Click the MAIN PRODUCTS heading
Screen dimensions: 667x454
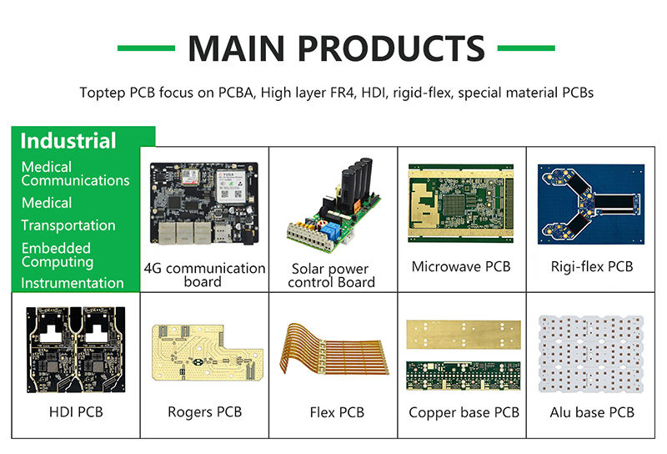[x=336, y=48]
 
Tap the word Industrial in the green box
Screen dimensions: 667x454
[x=68, y=140]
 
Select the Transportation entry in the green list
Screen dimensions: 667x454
[x=68, y=225]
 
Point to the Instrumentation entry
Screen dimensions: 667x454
[x=73, y=283]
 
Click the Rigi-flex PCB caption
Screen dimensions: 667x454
[x=592, y=267]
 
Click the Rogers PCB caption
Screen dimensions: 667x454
[x=204, y=412]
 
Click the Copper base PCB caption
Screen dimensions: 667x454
[x=464, y=412]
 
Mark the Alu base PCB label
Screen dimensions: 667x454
[x=592, y=412]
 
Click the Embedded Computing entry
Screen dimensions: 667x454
[x=58, y=255]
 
